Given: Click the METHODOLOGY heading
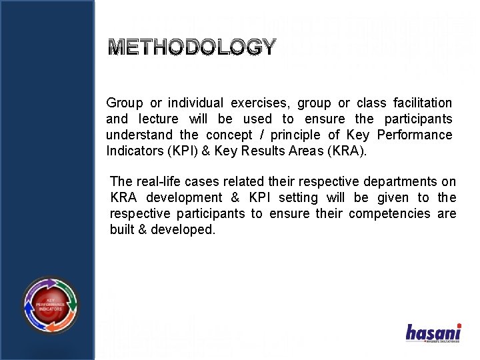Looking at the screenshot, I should [192, 47].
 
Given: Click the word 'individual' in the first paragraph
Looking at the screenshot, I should [195, 103].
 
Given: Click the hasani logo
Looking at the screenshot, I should [433, 332].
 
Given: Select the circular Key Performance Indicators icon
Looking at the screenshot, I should [50, 305].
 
